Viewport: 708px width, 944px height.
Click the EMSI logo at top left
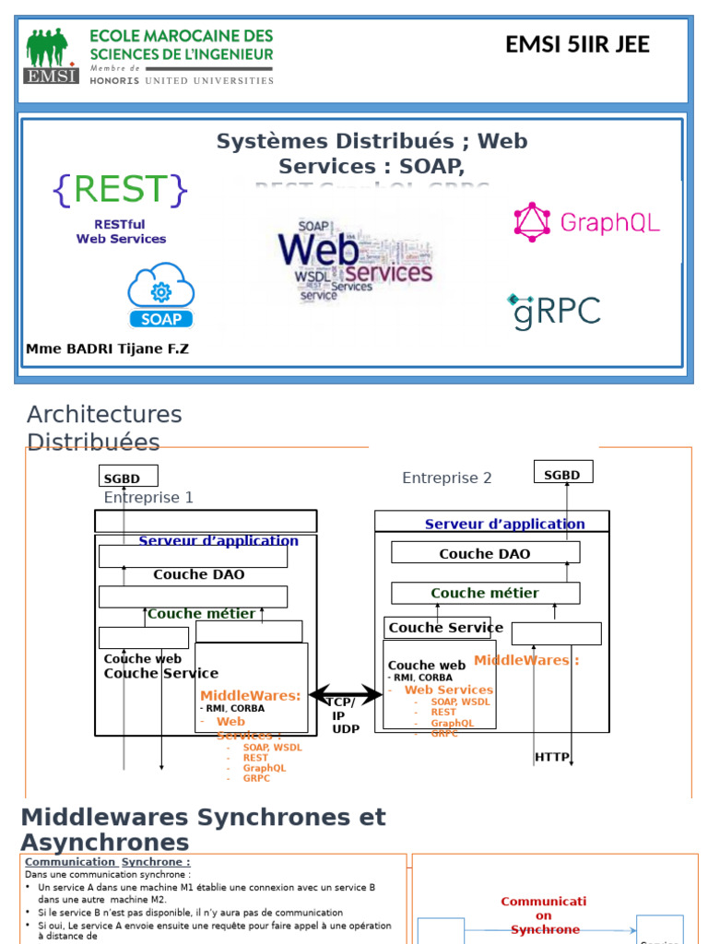[52, 56]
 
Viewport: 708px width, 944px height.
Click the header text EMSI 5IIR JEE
[577, 44]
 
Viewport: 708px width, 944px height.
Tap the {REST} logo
[121, 189]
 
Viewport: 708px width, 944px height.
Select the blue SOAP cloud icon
[161, 295]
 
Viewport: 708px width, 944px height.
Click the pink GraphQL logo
[586, 222]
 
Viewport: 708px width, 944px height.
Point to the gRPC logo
[553, 312]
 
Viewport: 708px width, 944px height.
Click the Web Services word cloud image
[354, 259]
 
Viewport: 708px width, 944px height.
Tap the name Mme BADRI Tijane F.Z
[107, 349]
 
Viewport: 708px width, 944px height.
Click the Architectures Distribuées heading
[104, 428]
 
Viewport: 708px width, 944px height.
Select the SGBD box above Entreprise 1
[128, 477]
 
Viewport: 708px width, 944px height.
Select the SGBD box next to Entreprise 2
[563, 473]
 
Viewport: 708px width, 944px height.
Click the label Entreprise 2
[447, 478]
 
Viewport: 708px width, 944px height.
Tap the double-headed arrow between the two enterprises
[345, 695]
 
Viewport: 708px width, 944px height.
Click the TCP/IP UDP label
[343, 715]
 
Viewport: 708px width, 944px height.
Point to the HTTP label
[552, 758]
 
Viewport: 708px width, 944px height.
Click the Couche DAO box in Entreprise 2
[485, 553]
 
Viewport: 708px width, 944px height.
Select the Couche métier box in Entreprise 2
[485, 593]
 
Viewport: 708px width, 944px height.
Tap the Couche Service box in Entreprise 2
[437, 628]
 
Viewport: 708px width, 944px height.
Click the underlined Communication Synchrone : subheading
[107, 862]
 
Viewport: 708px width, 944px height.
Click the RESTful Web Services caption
[121, 231]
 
